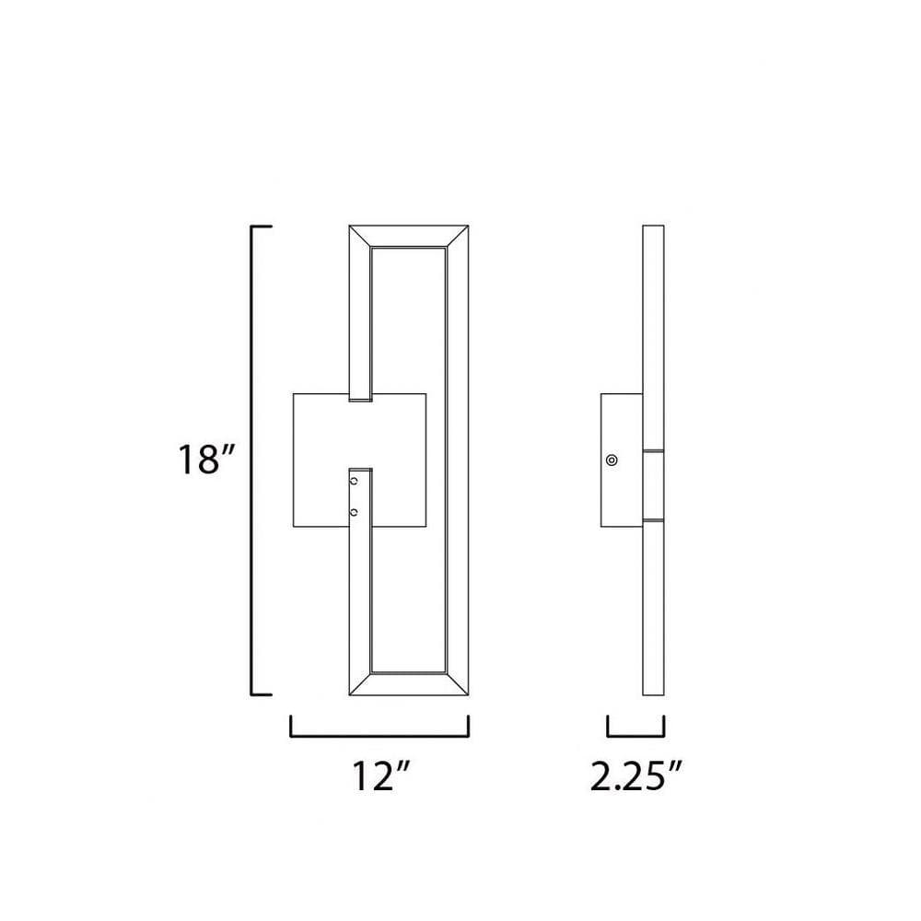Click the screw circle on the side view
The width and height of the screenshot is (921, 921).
(612, 460)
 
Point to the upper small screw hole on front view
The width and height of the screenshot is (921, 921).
(354, 482)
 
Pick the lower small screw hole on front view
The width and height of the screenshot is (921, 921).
(354, 513)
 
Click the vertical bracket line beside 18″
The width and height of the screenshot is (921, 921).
(252, 460)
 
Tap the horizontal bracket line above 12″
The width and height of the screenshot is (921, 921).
(379, 735)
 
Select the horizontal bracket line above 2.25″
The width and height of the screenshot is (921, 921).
(636, 735)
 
